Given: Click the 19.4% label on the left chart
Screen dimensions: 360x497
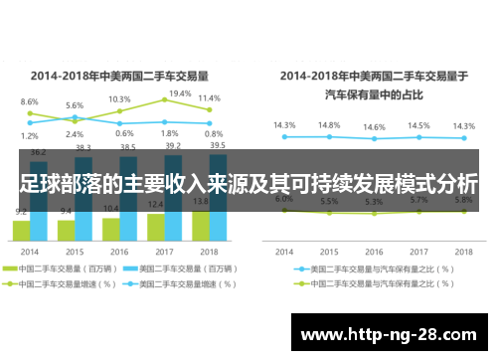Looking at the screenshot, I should click(180, 93).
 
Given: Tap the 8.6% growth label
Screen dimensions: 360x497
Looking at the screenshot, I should click(30, 101).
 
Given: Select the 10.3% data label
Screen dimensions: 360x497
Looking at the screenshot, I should click(119, 99).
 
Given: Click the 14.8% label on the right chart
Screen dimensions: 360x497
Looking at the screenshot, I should click(329, 125).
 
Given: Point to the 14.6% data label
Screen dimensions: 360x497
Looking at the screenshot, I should click(374, 127).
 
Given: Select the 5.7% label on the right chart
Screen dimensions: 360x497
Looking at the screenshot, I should click(418, 200).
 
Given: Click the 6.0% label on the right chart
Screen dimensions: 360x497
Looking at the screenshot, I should click(284, 199).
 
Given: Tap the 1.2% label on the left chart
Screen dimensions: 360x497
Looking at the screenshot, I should click(30, 136).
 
